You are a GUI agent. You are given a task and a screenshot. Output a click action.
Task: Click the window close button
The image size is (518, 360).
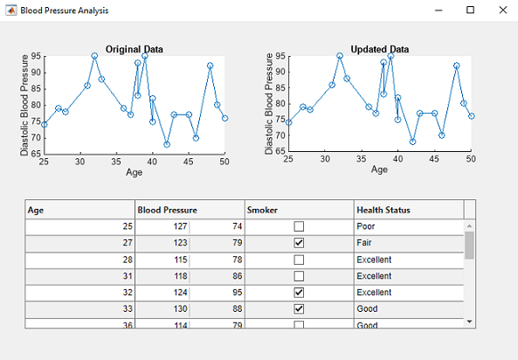(x=503, y=10)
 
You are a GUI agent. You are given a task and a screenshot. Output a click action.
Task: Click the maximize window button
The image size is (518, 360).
(x=470, y=10)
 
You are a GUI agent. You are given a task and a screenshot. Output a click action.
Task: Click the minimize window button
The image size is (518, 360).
(x=439, y=10)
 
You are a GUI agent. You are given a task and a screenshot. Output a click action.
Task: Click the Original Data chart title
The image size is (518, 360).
(x=135, y=49)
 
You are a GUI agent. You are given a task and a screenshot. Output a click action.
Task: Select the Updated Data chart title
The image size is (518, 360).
(x=380, y=49)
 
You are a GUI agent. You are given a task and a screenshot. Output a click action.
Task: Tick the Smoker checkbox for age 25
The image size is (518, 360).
(x=299, y=226)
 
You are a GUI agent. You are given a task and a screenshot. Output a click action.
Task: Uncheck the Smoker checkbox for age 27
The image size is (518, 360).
(x=299, y=243)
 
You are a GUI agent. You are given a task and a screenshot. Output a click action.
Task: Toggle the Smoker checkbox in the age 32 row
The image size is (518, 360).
(x=299, y=293)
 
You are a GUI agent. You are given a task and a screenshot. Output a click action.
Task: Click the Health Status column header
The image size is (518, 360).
(x=383, y=210)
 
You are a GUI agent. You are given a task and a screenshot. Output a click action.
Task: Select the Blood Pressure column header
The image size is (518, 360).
(x=167, y=210)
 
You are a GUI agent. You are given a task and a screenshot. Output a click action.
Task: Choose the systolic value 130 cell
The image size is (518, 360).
(x=180, y=308)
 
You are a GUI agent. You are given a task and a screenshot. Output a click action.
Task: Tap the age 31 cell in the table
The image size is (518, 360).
(x=128, y=276)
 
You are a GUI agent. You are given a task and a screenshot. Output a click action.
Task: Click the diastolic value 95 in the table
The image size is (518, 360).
(x=238, y=293)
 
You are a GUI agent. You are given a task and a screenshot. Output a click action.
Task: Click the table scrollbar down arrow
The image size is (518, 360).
(x=469, y=322)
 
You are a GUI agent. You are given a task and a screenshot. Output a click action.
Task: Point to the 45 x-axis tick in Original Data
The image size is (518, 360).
(x=189, y=162)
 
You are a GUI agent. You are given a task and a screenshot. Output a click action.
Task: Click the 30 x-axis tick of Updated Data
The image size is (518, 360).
(x=325, y=159)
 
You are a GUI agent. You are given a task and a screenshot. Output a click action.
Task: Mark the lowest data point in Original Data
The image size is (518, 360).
(x=167, y=144)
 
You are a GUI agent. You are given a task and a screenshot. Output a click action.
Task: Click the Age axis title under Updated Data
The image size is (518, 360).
(x=379, y=170)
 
